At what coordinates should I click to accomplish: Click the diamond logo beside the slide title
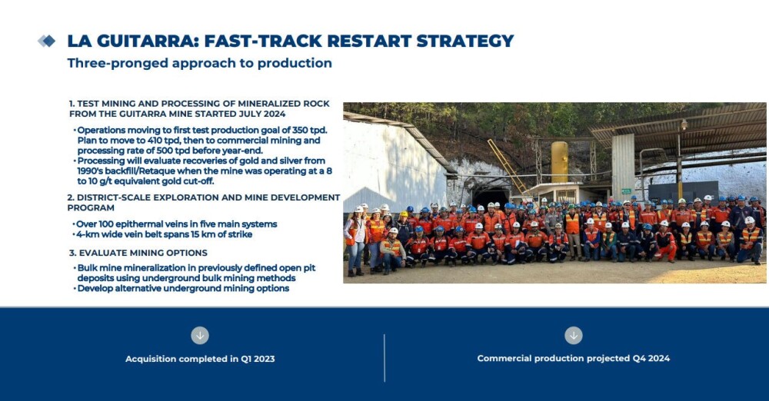click(47, 41)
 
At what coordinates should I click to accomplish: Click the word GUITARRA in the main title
click(145, 41)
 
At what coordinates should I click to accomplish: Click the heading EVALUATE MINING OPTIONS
click(143, 253)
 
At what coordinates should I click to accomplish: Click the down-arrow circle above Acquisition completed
click(200, 336)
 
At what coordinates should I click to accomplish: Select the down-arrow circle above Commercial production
click(574, 336)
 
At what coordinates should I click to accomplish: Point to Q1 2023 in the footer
click(258, 359)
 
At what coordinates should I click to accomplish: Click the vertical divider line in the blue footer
click(384, 358)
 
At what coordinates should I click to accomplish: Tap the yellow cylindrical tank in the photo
click(560, 162)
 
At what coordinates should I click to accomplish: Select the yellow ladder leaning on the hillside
click(506, 166)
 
